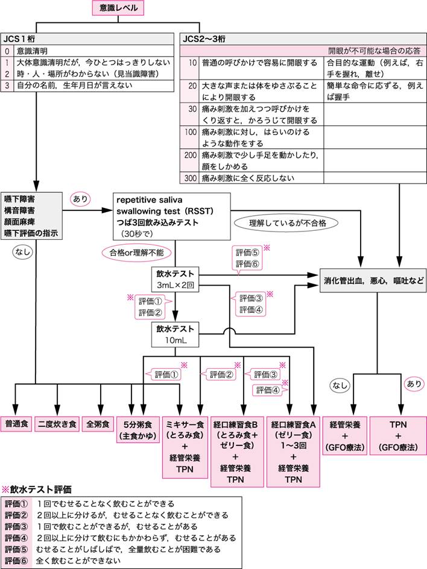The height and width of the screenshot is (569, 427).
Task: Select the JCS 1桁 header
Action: (x=19, y=39)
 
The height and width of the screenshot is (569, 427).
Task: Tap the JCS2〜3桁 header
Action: (x=206, y=39)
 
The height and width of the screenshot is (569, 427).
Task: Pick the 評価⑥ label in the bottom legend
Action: (x=16, y=560)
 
